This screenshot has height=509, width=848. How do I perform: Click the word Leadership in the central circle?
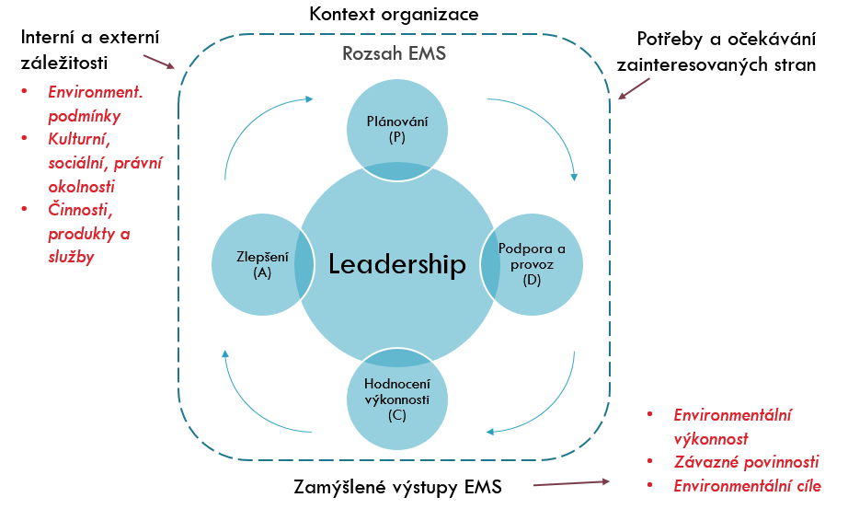coord(397,265)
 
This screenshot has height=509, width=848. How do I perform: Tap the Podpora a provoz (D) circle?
coord(533,264)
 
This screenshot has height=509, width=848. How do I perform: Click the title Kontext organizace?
coord(394,15)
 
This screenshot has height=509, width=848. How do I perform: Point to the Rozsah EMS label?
coord(394,53)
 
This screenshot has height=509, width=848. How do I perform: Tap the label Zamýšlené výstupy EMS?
coord(396,487)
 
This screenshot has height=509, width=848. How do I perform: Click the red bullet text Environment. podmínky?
coord(101,104)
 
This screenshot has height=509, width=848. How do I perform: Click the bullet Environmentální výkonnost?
coord(732,427)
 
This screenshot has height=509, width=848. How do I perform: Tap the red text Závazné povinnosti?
coord(746,462)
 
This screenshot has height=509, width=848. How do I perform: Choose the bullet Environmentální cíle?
coord(747,486)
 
